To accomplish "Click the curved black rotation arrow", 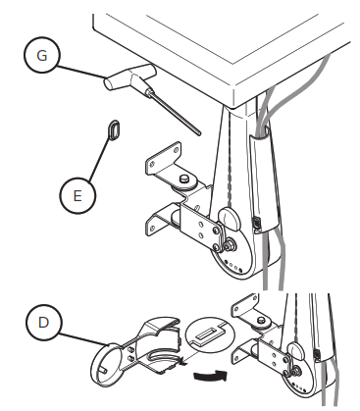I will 209,375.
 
